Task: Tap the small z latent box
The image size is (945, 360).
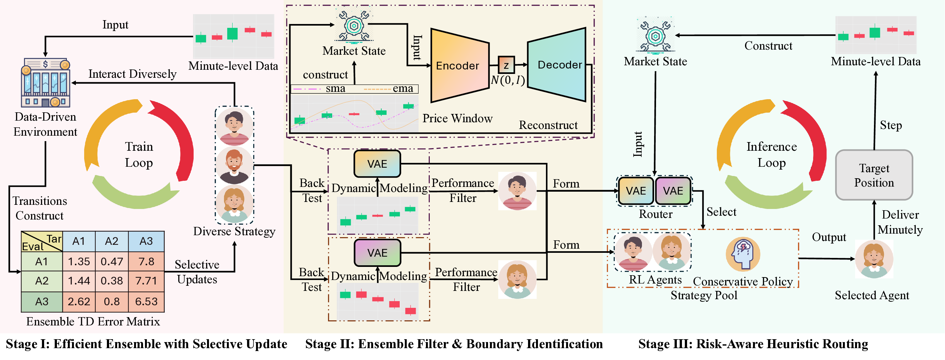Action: [x=506, y=65]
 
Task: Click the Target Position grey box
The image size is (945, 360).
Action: [x=874, y=175]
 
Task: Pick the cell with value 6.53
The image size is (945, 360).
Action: [x=146, y=301]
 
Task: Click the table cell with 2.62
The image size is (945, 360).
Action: [x=79, y=301]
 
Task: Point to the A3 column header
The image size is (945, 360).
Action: [x=146, y=241]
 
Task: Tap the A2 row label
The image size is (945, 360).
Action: [x=42, y=281]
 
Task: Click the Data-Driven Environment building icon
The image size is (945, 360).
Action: [x=45, y=83]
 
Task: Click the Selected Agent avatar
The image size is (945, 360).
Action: [x=874, y=259]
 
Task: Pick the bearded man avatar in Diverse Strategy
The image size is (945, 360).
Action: [x=234, y=165]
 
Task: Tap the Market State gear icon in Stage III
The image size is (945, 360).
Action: [x=655, y=36]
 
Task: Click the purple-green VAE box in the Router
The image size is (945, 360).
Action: [x=673, y=191]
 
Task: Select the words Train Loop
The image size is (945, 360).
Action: [x=139, y=155]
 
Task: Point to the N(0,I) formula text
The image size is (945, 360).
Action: [x=508, y=80]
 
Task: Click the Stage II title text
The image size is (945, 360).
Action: [x=454, y=344]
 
